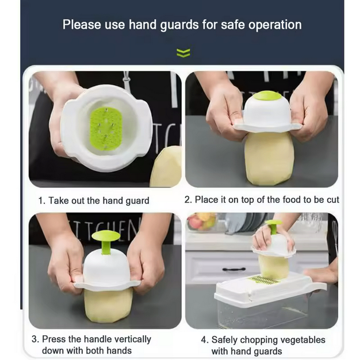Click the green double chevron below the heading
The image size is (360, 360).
[183, 53]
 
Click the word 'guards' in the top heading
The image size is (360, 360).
[179, 25]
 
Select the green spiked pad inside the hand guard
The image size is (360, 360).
[105, 129]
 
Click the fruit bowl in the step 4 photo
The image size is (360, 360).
[202, 222]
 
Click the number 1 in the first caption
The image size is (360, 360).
[41, 201]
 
